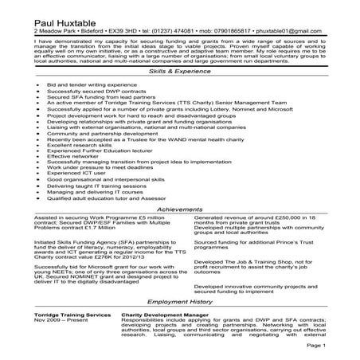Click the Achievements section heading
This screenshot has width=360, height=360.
coord(180,209)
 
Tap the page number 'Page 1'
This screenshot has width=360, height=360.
coord(337,347)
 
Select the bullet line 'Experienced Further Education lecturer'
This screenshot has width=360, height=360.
coord(103,151)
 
